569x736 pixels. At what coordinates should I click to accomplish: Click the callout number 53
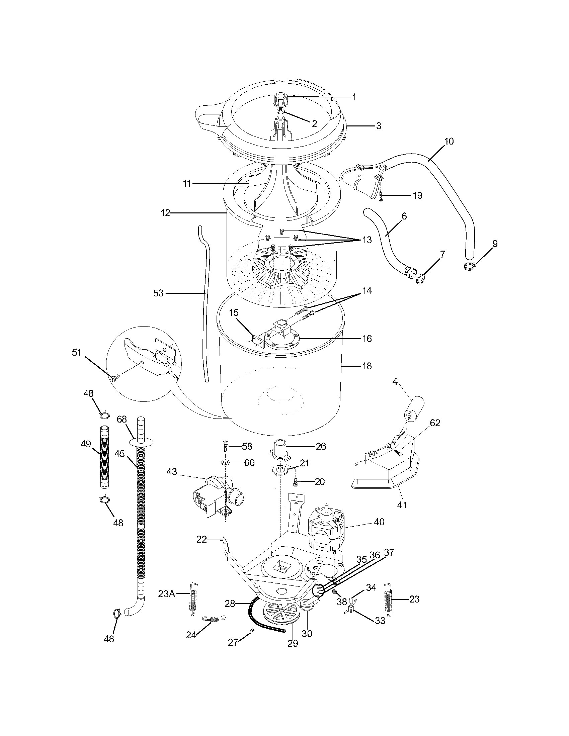coord(158,293)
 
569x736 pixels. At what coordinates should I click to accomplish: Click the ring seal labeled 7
coord(420,270)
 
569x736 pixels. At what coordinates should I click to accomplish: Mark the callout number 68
coord(122,420)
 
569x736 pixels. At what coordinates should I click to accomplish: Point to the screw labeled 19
coord(381,196)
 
